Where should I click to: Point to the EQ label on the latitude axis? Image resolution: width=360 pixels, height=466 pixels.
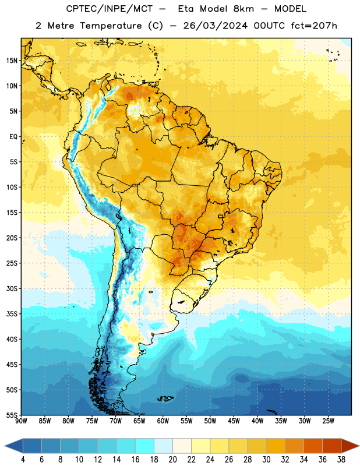click(13, 137)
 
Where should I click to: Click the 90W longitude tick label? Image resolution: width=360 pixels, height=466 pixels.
click(21, 421)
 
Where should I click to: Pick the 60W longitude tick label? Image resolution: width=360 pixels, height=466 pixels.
click(163, 421)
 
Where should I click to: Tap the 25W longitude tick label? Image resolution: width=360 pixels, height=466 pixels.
click(328, 421)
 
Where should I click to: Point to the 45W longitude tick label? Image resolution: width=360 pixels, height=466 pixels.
click(234, 421)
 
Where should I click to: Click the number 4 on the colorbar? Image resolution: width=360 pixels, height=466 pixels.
click(23, 460)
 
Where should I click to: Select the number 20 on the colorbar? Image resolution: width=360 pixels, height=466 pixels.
click(172, 460)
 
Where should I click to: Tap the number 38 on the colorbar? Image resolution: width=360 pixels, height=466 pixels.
click(341, 460)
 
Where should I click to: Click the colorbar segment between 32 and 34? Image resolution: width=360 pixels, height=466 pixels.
click(294, 446)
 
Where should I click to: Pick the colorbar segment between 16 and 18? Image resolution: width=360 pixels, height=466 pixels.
click(145, 446)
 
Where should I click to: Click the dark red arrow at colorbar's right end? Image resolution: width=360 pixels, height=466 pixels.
click(350, 446)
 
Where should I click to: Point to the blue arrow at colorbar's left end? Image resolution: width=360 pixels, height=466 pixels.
click(14, 446)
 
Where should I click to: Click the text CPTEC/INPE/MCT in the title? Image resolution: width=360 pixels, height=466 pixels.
click(109, 9)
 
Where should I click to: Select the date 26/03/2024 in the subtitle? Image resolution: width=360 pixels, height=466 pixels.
click(216, 26)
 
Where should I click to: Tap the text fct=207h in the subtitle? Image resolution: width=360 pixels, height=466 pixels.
click(314, 26)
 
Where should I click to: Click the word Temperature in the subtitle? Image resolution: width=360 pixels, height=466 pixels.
click(111, 26)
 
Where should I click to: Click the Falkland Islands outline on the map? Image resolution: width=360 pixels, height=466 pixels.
click(165, 398)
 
